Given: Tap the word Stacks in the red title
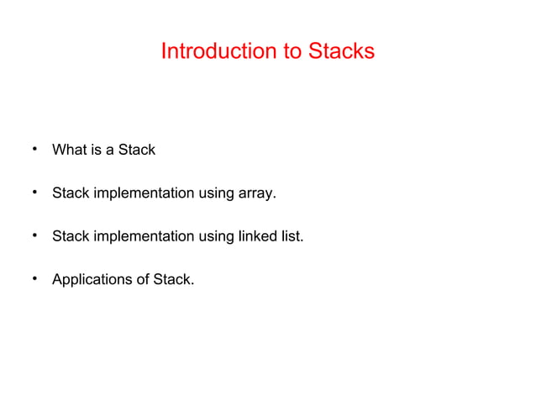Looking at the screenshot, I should [x=340, y=51].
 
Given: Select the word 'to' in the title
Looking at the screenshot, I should [x=292, y=51].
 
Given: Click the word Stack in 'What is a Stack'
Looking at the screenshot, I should [x=136, y=151].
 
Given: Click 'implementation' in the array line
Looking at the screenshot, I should [x=144, y=193].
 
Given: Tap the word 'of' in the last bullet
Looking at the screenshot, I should [x=142, y=279].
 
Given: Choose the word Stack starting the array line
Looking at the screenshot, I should [x=71, y=193].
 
